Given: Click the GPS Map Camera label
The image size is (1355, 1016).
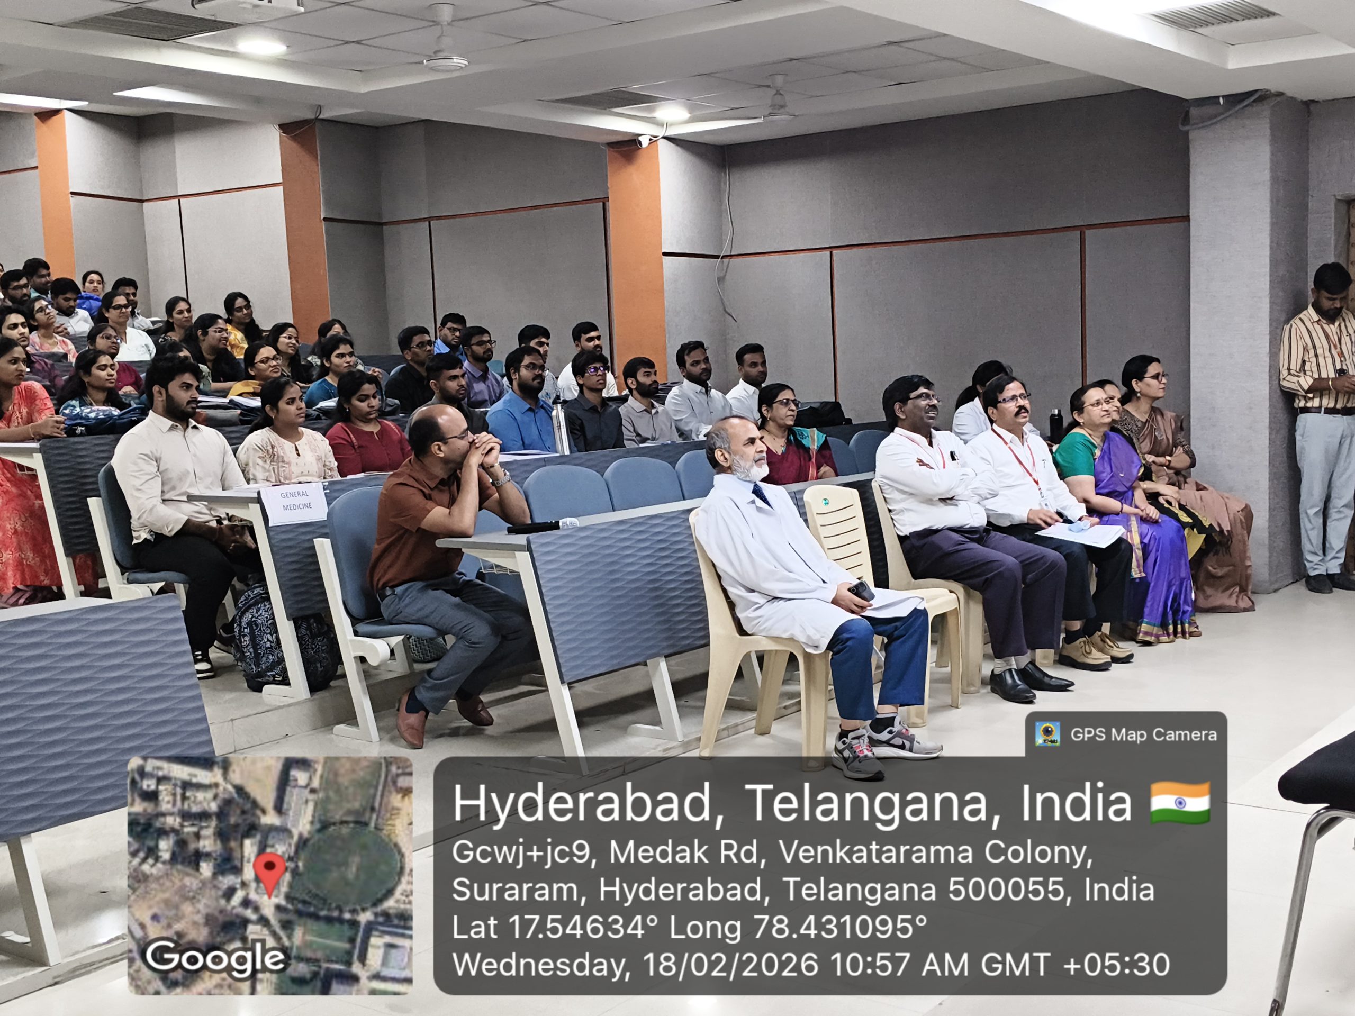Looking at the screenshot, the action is click(x=1143, y=734).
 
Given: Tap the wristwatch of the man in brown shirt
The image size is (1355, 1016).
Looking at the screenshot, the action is click(x=502, y=478).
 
